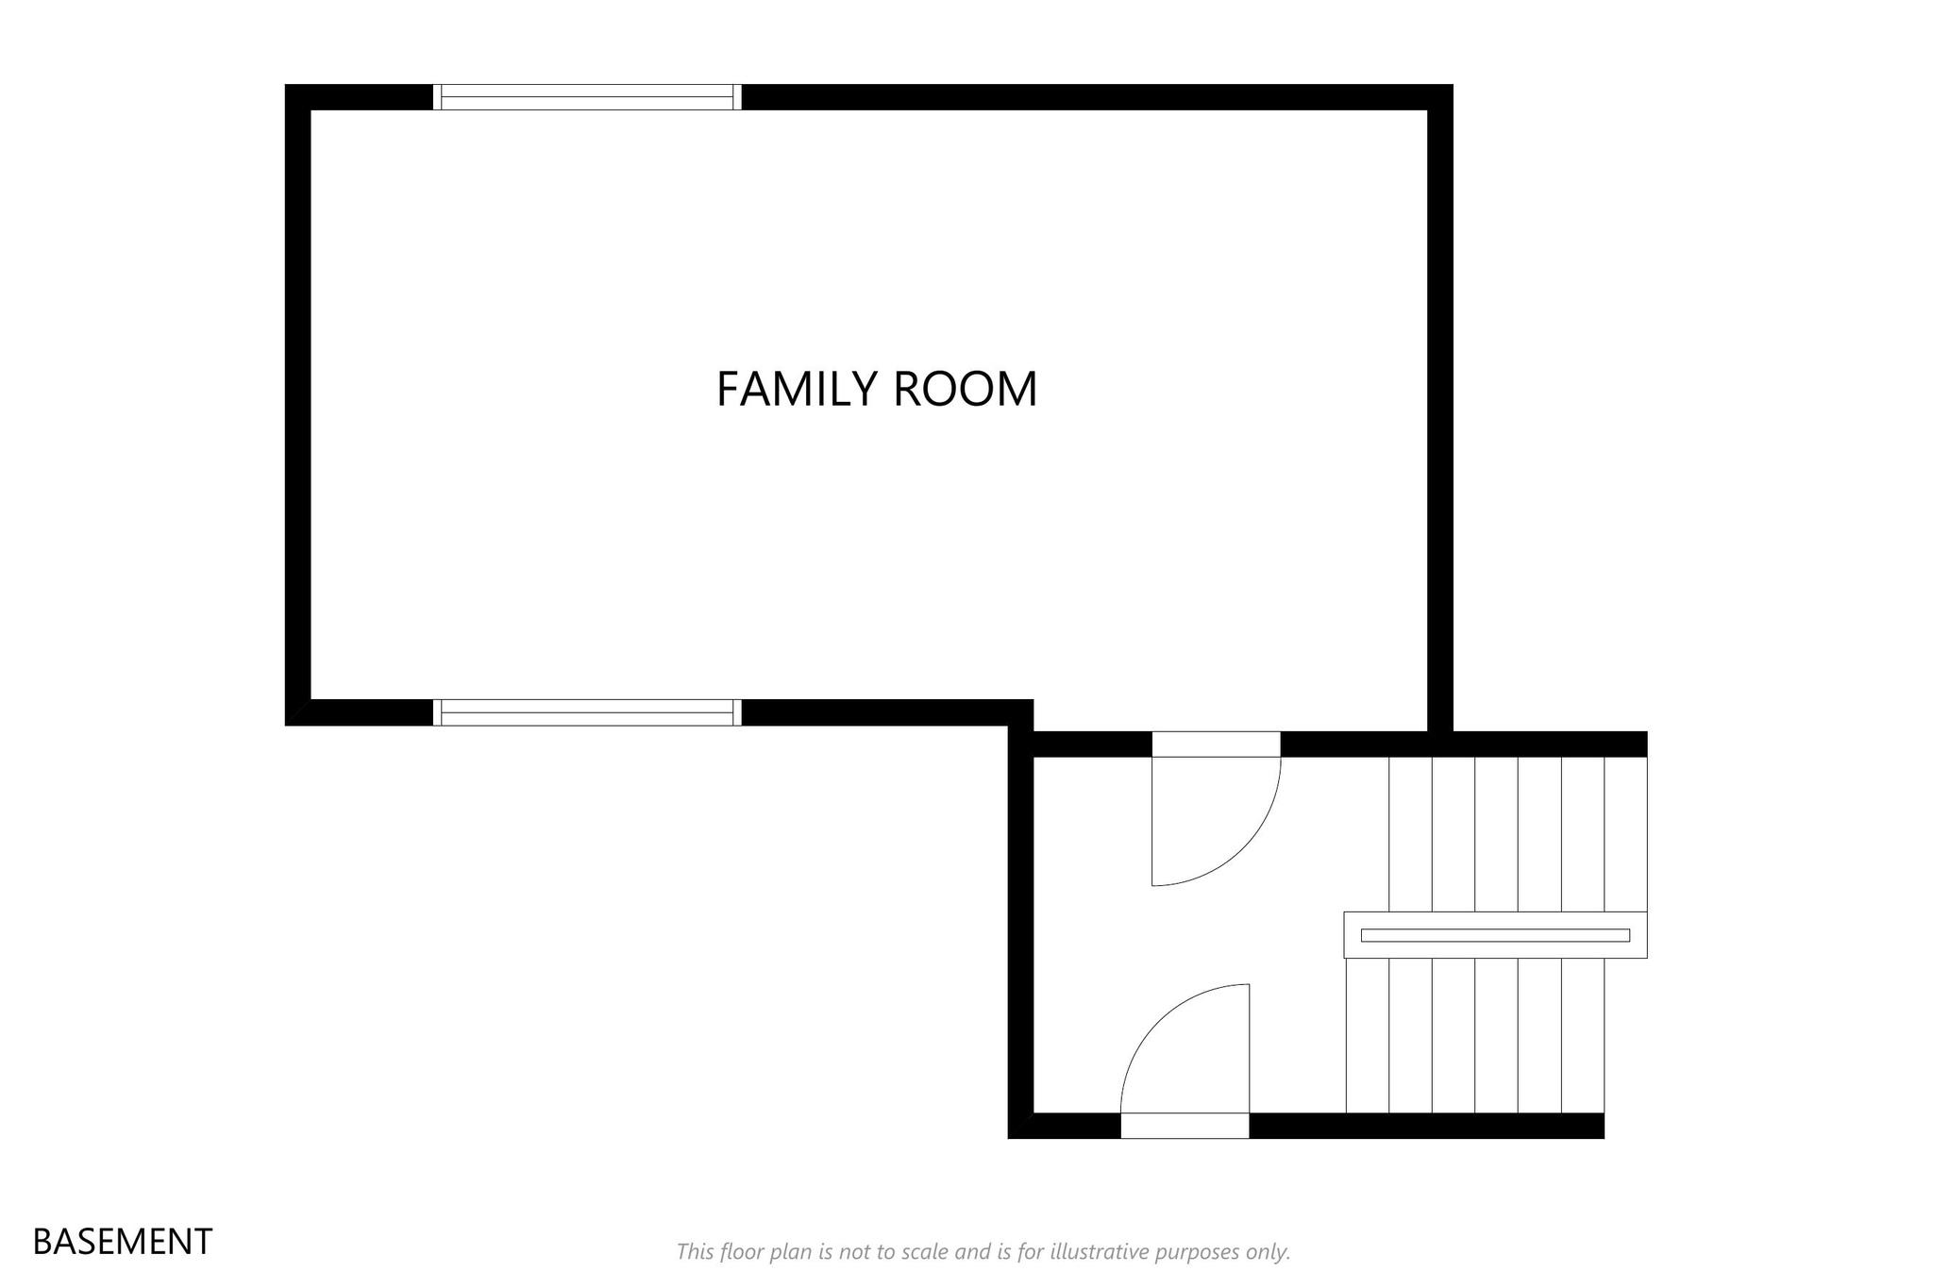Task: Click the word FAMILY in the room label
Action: [x=797, y=389]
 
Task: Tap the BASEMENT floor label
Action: [x=123, y=1242]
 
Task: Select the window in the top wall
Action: [x=587, y=97]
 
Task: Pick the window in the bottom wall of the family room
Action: [x=587, y=712]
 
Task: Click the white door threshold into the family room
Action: [x=1216, y=744]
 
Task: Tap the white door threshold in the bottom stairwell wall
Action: [x=1185, y=1126]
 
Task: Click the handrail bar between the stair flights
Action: [x=1495, y=935]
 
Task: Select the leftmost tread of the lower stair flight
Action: [x=1368, y=1035]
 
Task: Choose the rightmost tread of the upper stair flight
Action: [x=1626, y=834]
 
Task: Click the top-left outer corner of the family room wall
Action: [x=285, y=84]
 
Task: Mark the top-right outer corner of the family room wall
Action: [x=1453, y=84]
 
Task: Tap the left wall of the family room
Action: [x=298, y=405]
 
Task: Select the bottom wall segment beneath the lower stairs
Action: [x=1427, y=1126]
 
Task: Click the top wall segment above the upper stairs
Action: [x=1464, y=744]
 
